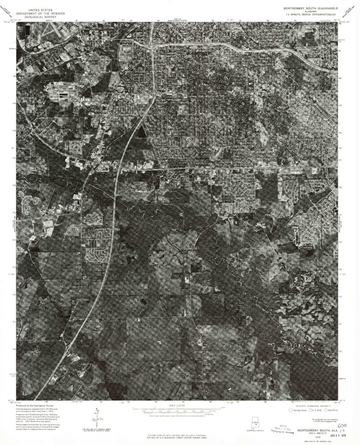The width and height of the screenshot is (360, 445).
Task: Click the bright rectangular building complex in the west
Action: click(x=59, y=98)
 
